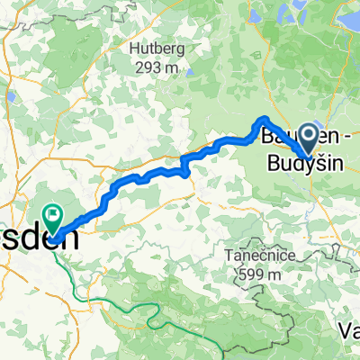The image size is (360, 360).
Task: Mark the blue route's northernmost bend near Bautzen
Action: point(263,119)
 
